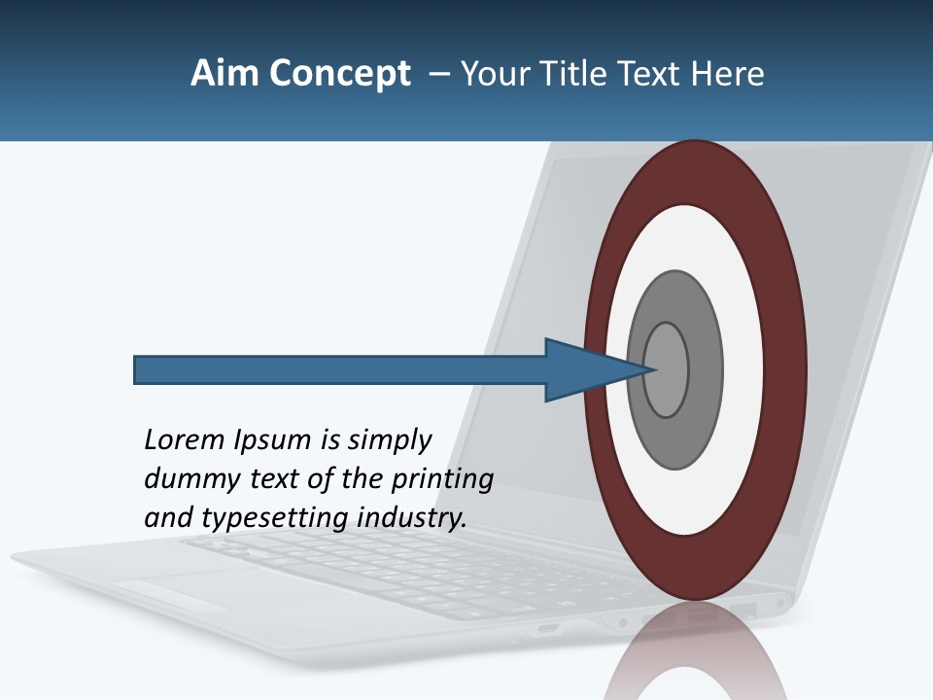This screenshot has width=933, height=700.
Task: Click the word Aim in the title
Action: point(217,74)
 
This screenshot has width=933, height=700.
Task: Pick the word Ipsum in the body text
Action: point(274,441)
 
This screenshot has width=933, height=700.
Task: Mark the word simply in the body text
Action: point(388,441)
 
